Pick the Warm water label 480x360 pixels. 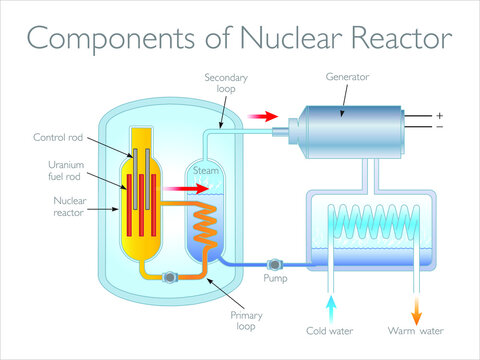point(415,331)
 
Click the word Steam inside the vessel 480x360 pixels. point(205,172)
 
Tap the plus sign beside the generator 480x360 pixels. point(439,116)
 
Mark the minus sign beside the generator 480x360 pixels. point(439,128)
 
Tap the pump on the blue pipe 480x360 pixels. point(276,263)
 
